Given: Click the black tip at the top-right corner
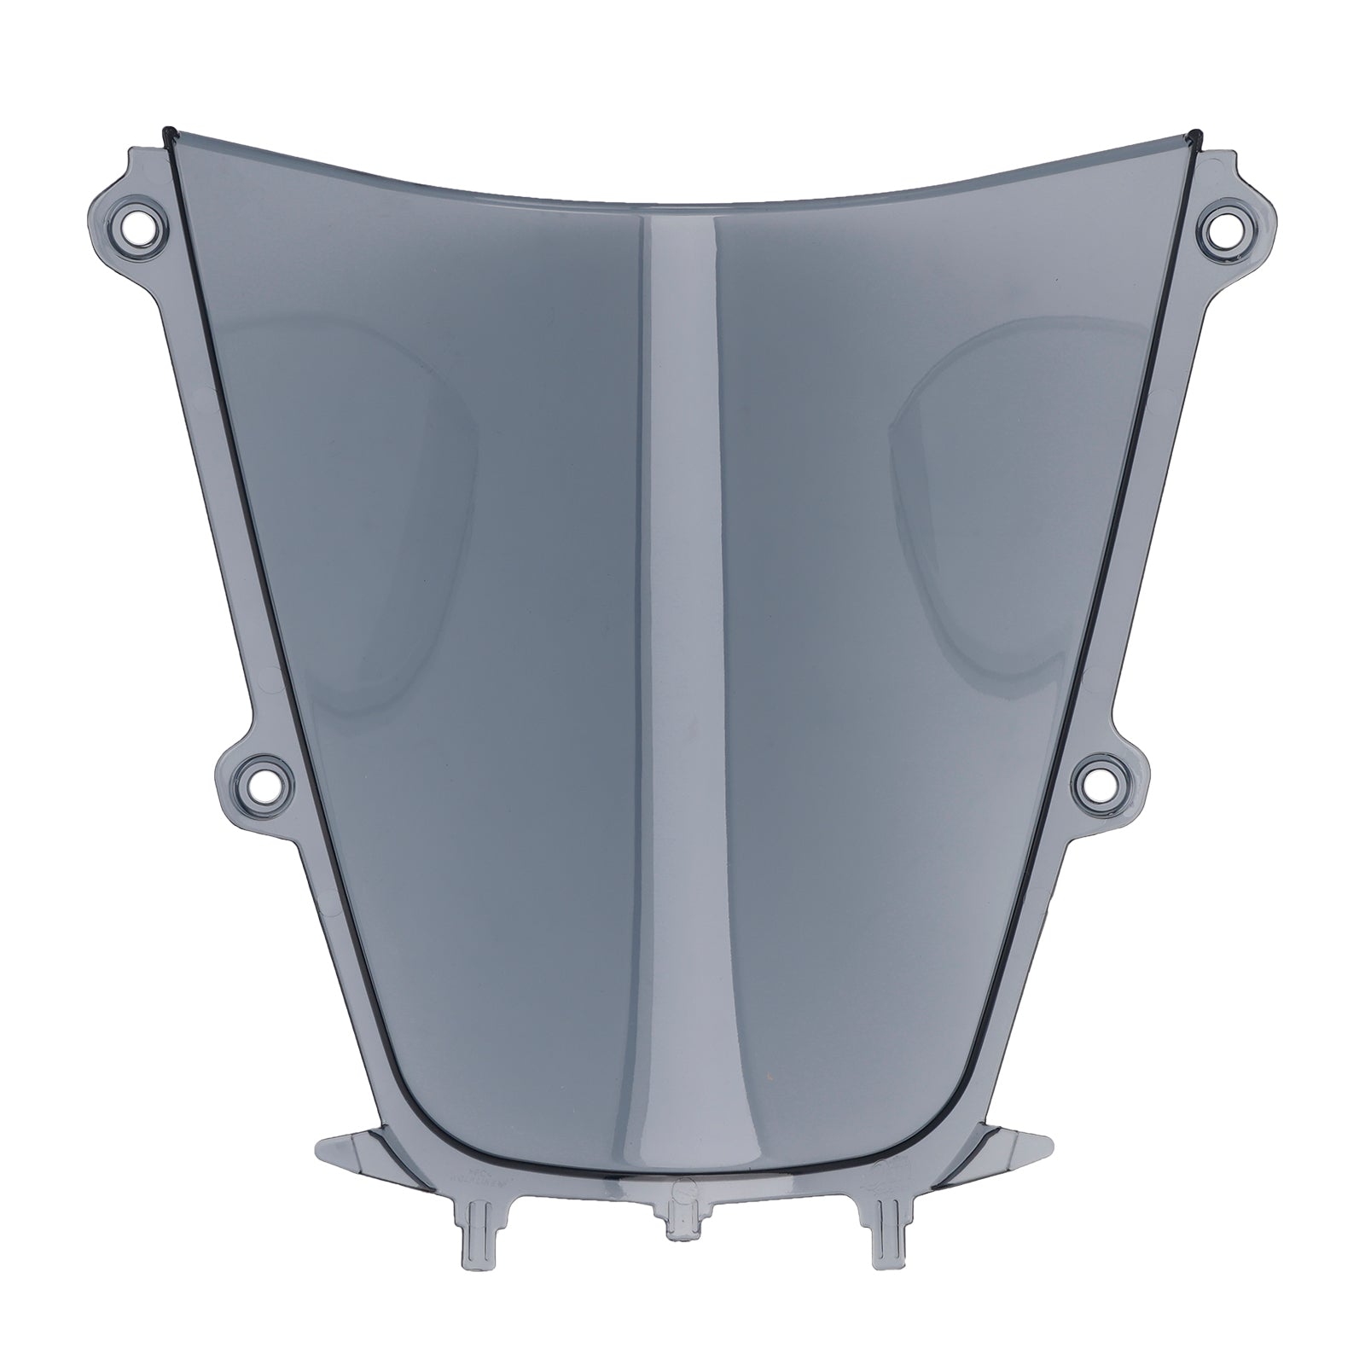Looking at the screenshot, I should [x=1196, y=135].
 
